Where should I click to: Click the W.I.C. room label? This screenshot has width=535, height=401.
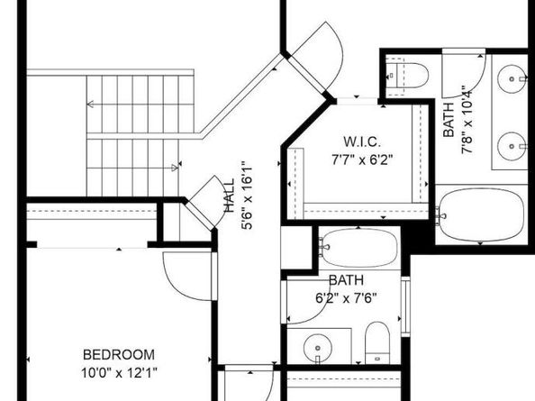click(x=362, y=141)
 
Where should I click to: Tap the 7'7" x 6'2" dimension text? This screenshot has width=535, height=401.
click(x=362, y=159)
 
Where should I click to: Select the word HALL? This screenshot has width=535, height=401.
click(x=229, y=196)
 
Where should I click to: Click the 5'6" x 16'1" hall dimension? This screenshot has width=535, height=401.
click(x=247, y=196)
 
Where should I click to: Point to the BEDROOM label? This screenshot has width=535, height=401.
click(x=119, y=355)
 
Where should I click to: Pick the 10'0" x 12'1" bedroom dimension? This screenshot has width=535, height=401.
click(x=119, y=373)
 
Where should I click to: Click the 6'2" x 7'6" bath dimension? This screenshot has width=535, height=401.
click(x=346, y=298)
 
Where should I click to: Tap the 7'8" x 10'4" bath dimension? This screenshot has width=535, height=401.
click(x=467, y=120)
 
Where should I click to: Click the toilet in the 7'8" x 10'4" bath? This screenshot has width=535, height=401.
click(x=407, y=76)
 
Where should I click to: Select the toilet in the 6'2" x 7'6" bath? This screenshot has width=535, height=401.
click(x=377, y=342)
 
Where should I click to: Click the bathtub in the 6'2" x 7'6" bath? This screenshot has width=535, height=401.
click(x=358, y=248)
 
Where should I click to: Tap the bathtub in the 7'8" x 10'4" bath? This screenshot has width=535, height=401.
click(x=481, y=214)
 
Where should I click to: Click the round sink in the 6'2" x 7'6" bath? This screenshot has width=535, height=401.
click(x=317, y=348)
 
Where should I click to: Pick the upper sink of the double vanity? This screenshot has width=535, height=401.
click(x=512, y=78)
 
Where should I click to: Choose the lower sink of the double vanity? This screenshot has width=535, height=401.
click(x=512, y=146)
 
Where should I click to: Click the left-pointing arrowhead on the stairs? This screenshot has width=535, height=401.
click(x=90, y=104)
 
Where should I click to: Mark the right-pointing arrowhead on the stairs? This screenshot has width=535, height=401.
click(x=175, y=168)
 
